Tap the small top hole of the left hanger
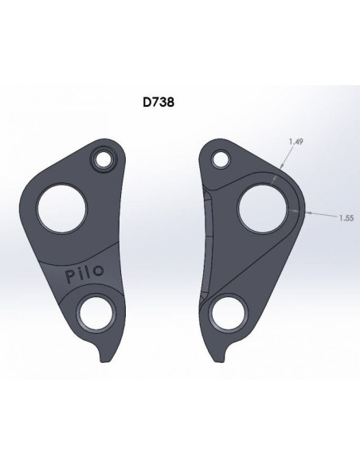pos(102,160)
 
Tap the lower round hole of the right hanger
pos(227,313)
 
